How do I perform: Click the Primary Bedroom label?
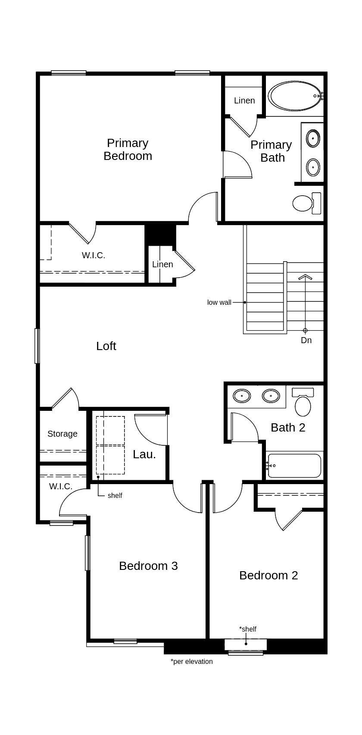point(128,149)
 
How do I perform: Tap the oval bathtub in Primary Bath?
point(295,96)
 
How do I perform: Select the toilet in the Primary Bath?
point(306,203)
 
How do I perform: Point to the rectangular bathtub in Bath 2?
point(294,466)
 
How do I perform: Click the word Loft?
point(106,346)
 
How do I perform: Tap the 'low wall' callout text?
point(219,302)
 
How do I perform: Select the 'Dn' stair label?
point(306,340)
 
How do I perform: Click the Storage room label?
point(62,434)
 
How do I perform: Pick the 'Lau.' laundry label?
point(144,454)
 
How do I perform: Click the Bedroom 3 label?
point(148,566)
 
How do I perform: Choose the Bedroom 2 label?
point(268,575)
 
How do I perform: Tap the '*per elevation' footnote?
point(191,661)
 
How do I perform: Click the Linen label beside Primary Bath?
point(244,100)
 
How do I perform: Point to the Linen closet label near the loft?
point(162,264)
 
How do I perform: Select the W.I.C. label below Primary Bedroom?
point(94,255)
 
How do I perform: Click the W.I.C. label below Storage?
point(61,486)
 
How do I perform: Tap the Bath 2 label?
point(288,427)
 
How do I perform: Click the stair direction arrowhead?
point(305,277)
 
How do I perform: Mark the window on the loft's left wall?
point(37,346)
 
